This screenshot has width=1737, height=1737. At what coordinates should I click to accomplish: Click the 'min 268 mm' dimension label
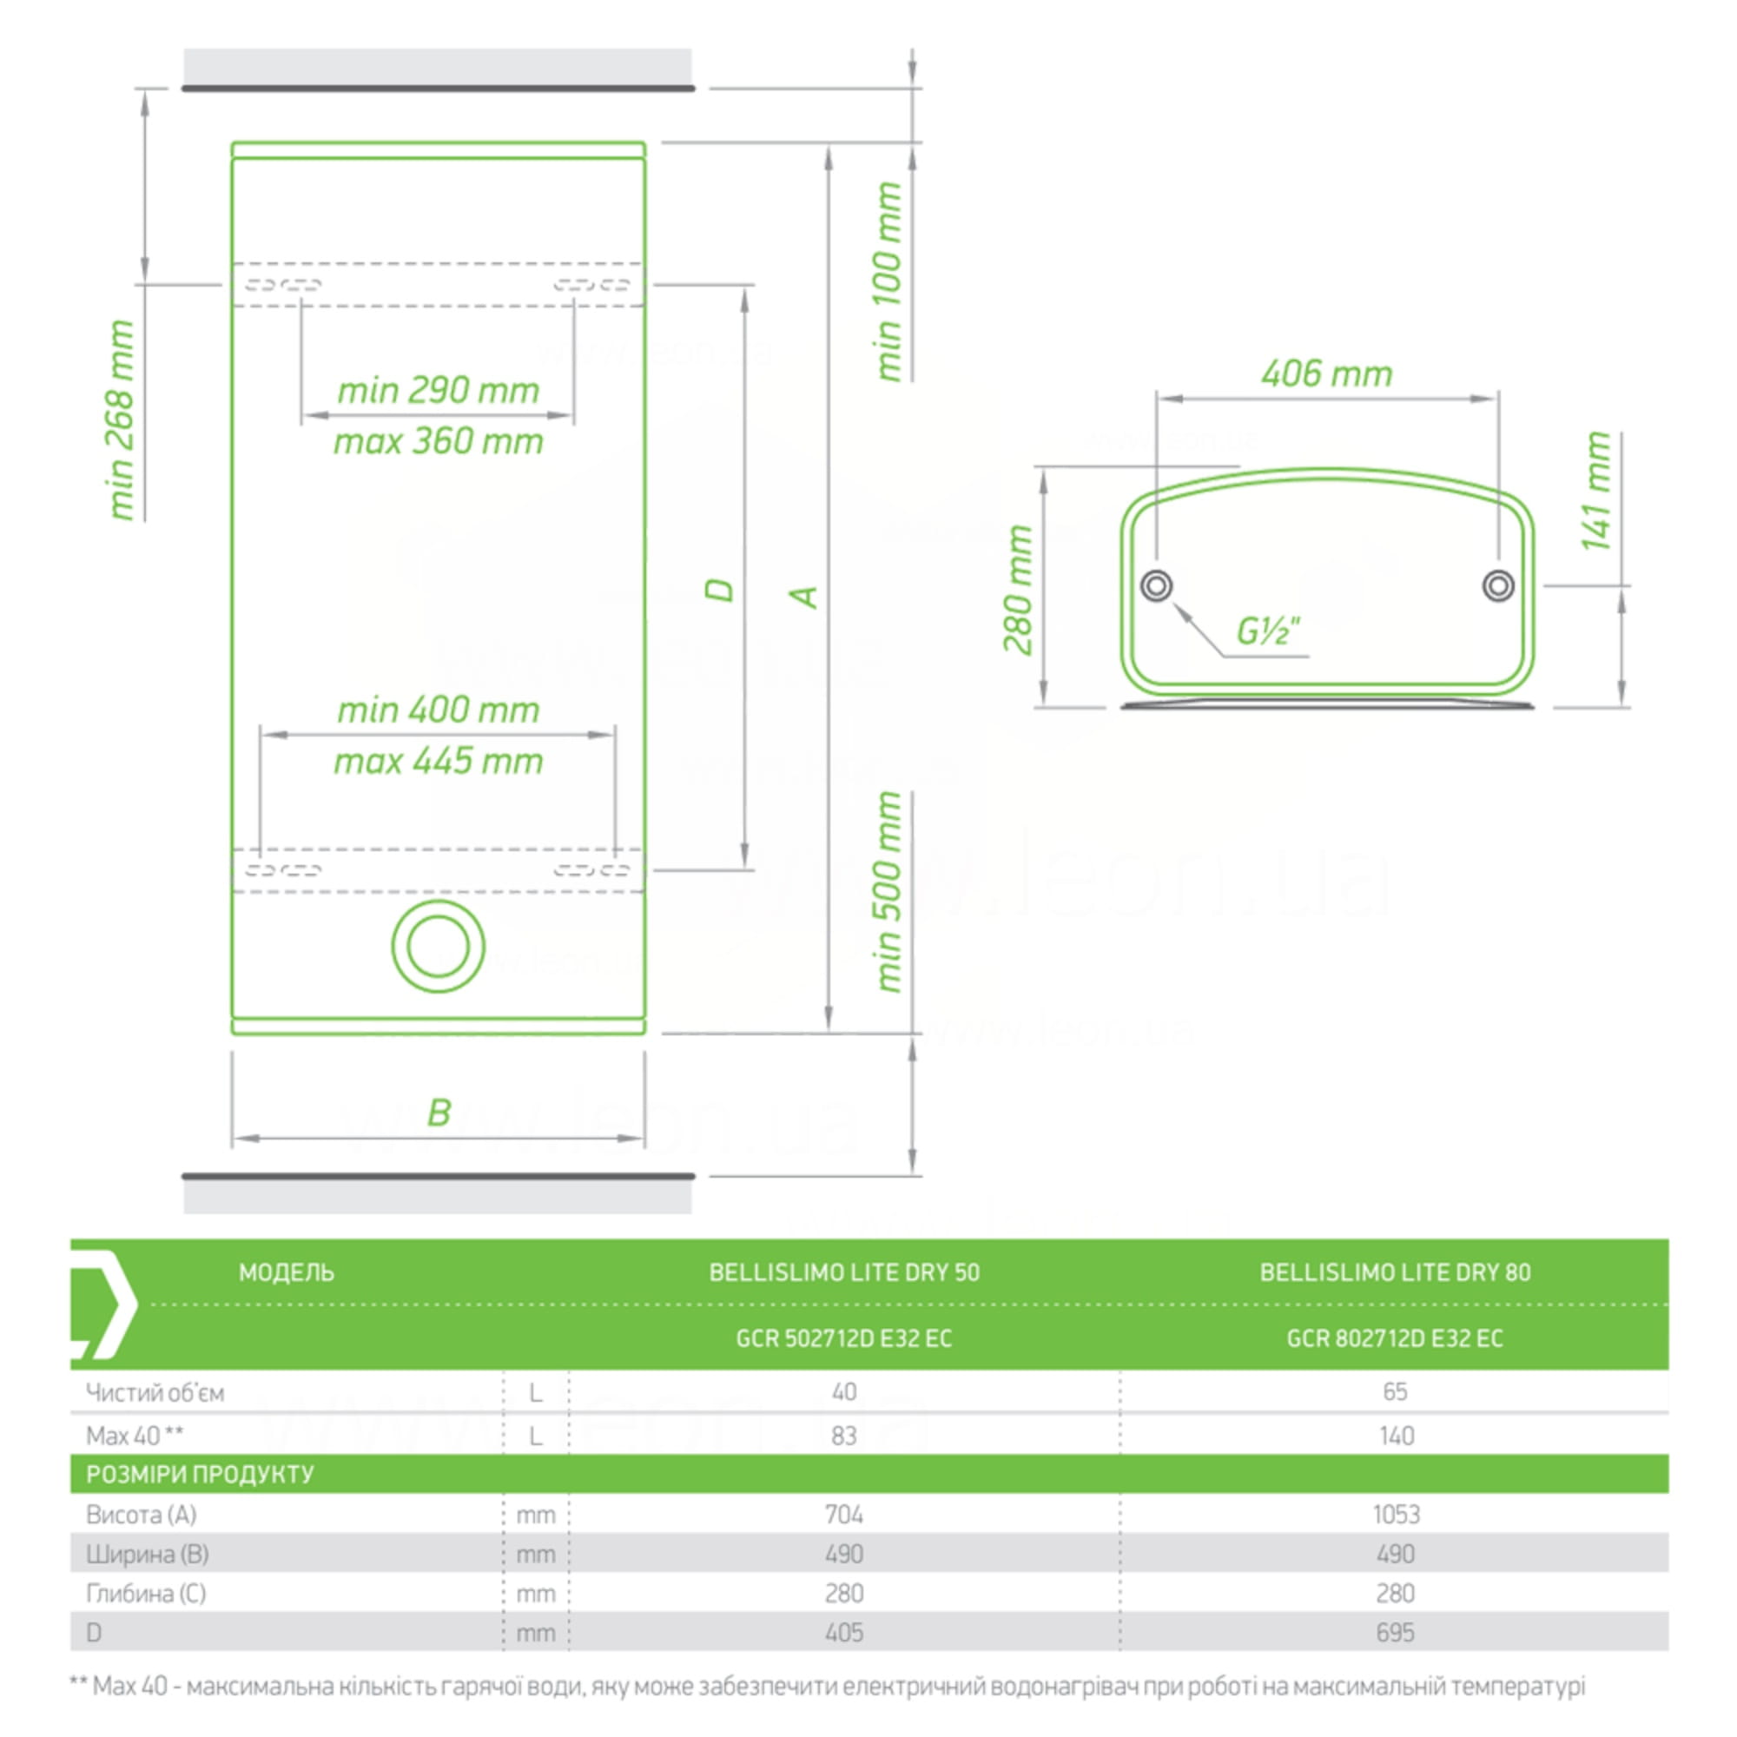click(121, 419)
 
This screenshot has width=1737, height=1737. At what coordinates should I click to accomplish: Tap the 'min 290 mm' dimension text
click(438, 390)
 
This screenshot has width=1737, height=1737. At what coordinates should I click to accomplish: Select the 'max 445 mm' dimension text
click(438, 762)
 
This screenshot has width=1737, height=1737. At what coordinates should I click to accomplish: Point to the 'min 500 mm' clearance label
click(888, 892)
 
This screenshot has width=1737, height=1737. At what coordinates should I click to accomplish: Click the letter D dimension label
click(719, 590)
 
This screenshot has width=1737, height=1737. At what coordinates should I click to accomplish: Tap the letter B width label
click(439, 1113)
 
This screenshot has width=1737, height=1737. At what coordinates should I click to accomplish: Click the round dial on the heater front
click(438, 946)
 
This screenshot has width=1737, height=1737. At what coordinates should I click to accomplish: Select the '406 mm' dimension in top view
click(1326, 373)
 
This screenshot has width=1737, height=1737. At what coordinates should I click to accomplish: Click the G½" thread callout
click(1268, 631)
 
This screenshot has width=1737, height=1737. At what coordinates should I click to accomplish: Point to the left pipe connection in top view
click(1156, 586)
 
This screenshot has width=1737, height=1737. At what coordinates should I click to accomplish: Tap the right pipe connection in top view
click(1498, 586)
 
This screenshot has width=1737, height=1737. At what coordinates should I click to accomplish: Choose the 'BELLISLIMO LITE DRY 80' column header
click(1395, 1272)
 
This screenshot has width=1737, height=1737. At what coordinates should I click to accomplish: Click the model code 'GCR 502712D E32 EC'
click(843, 1337)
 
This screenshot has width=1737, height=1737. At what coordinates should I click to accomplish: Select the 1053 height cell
click(1396, 1514)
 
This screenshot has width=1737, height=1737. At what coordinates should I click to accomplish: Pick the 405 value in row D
click(844, 1632)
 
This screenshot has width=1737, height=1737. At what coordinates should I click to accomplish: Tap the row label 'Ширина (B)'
click(148, 1554)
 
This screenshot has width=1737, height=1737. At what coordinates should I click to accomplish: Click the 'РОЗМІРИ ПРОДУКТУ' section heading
click(200, 1474)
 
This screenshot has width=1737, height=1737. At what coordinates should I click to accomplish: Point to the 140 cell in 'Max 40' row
click(1397, 1436)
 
